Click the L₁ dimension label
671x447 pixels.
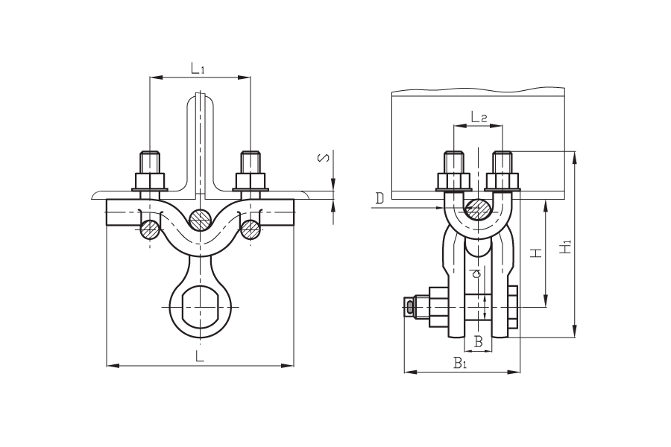click(198, 68)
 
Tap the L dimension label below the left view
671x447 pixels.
click(199, 356)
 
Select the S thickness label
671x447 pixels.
click(325, 158)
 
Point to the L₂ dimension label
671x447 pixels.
click(479, 116)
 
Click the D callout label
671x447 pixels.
click(379, 198)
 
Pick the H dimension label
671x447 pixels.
click(536, 253)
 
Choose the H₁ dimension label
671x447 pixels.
click(566, 247)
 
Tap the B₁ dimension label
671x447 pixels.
click(460, 364)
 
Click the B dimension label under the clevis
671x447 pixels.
click(479, 341)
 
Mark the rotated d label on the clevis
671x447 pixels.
click(479, 273)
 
